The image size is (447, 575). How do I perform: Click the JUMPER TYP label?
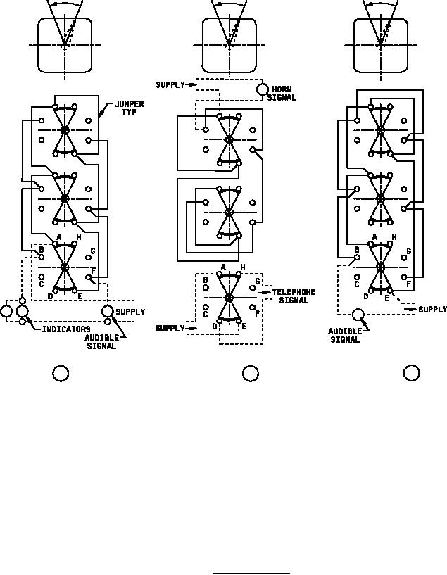click(x=130, y=108)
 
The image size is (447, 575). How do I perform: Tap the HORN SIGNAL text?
click(x=282, y=94)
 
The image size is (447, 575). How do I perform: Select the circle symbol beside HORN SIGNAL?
click(x=261, y=90)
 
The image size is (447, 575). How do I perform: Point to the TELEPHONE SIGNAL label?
click(x=294, y=296)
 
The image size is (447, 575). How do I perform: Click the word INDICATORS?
click(x=66, y=329)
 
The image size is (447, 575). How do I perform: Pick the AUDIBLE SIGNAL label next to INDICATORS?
click(x=101, y=342)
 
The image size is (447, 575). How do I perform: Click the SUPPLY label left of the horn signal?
click(x=170, y=85)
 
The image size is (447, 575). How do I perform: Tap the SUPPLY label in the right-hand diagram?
click(x=432, y=310)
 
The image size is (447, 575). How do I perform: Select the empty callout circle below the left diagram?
click(x=61, y=374)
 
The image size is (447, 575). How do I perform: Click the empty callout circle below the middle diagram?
click(x=250, y=374)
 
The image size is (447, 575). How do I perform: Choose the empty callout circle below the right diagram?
click(x=411, y=374)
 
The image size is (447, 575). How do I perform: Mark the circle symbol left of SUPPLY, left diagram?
click(x=108, y=311)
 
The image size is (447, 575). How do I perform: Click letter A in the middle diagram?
click(x=223, y=267)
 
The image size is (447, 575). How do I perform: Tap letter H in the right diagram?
click(x=394, y=237)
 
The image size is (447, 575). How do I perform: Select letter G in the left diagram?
click(x=93, y=251)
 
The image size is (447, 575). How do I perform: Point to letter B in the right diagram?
click(x=357, y=249)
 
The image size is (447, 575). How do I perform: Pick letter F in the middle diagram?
click(x=257, y=312)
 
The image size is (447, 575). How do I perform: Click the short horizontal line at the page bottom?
click(x=251, y=573)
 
